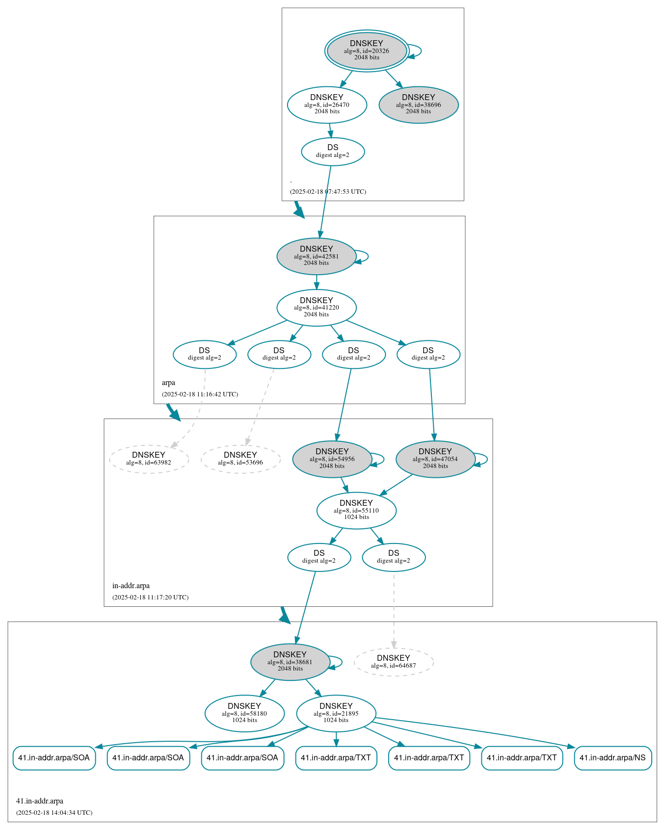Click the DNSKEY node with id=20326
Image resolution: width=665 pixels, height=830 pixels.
point(367,51)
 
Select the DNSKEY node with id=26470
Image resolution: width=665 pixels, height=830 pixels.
point(327,104)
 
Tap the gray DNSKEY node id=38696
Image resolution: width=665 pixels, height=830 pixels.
point(419,104)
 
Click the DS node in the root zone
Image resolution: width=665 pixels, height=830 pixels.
point(333,152)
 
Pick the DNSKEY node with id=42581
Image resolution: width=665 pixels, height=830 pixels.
point(317,256)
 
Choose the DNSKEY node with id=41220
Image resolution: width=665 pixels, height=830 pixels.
point(317,308)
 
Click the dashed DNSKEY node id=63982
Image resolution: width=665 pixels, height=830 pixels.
point(149,459)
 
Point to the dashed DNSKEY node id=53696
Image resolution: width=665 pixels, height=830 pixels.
point(240,459)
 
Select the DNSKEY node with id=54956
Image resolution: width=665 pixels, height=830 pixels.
point(332,459)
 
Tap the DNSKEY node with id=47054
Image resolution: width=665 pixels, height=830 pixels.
point(435,459)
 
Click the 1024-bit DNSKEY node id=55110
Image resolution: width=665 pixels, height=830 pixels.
point(356,511)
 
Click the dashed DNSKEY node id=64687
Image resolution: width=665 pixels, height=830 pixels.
point(394,662)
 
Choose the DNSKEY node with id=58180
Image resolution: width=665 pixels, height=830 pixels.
point(244,714)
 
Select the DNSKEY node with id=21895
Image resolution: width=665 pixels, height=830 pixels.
point(336,714)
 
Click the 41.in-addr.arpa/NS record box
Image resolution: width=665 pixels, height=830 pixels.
point(612,758)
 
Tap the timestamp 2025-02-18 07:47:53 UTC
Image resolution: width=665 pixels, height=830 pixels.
point(328,192)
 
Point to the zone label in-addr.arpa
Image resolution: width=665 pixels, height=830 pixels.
point(131,586)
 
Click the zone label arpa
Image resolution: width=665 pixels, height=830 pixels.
point(168,383)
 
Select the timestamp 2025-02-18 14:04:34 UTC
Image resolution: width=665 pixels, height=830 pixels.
point(54,813)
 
